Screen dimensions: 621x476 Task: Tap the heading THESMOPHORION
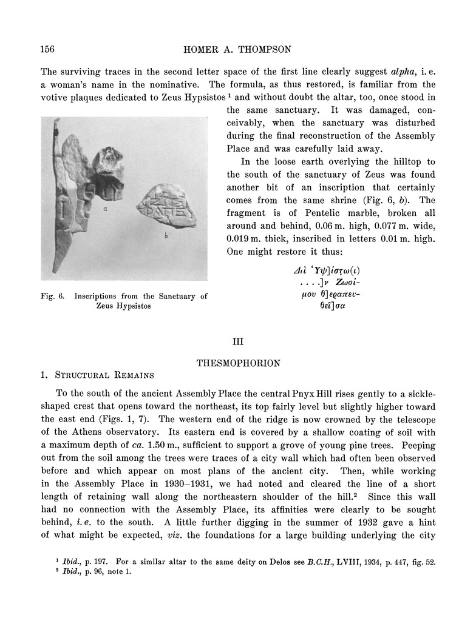(238, 363)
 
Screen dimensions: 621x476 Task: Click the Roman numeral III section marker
(238, 342)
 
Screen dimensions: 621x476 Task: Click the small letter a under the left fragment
(105, 207)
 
